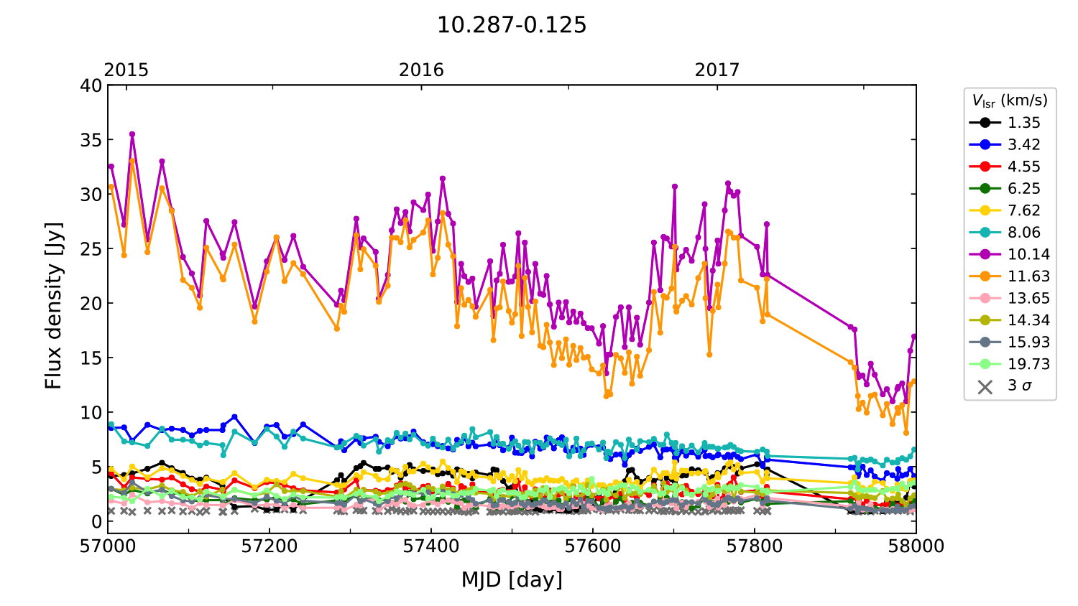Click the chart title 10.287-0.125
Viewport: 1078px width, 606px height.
[x=512, y=25]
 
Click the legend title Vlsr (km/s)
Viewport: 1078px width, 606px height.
[x=1010, y=101]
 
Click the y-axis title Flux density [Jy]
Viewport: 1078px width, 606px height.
[x=54, y=306]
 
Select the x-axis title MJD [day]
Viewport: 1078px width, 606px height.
[x=512, y=579]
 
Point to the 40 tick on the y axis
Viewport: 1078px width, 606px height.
[x=91, y=85]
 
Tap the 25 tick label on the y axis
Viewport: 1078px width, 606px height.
[x=91, y=249]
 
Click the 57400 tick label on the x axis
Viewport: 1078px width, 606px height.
[x=431, y=546]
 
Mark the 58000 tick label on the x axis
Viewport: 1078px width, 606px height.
[x=916, y=546]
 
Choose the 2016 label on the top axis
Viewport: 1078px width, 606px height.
[x=422, y=70]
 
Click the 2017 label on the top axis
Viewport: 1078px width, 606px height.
[x=717, y=70]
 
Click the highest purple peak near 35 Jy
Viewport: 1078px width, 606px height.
[x=132, y=134]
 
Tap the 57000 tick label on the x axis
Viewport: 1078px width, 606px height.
[x=108, y=546]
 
